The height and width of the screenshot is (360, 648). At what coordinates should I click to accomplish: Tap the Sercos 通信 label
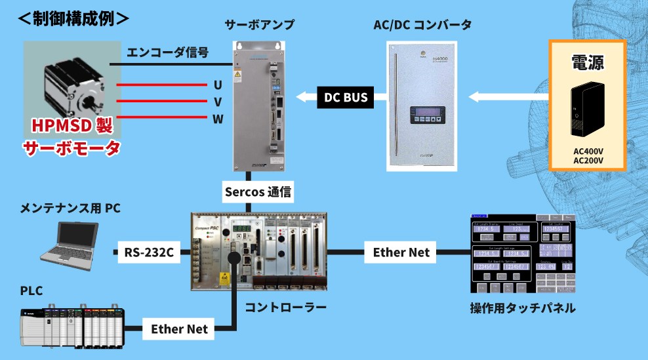pos(249,193)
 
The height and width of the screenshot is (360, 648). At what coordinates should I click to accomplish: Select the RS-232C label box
pos(149,252)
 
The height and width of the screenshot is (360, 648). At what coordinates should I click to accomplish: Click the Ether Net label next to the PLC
pos(179,329)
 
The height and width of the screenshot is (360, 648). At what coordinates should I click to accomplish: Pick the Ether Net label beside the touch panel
pos(401,251)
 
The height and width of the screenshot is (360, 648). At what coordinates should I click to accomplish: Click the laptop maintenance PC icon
pos(73,243)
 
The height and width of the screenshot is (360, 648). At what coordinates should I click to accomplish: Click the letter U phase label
pos(217,85)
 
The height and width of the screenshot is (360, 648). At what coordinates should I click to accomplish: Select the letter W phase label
pos(218,119)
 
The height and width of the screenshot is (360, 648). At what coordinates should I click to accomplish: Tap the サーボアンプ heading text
pos(259,26)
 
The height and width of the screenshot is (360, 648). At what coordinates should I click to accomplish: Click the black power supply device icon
pos(588,111)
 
